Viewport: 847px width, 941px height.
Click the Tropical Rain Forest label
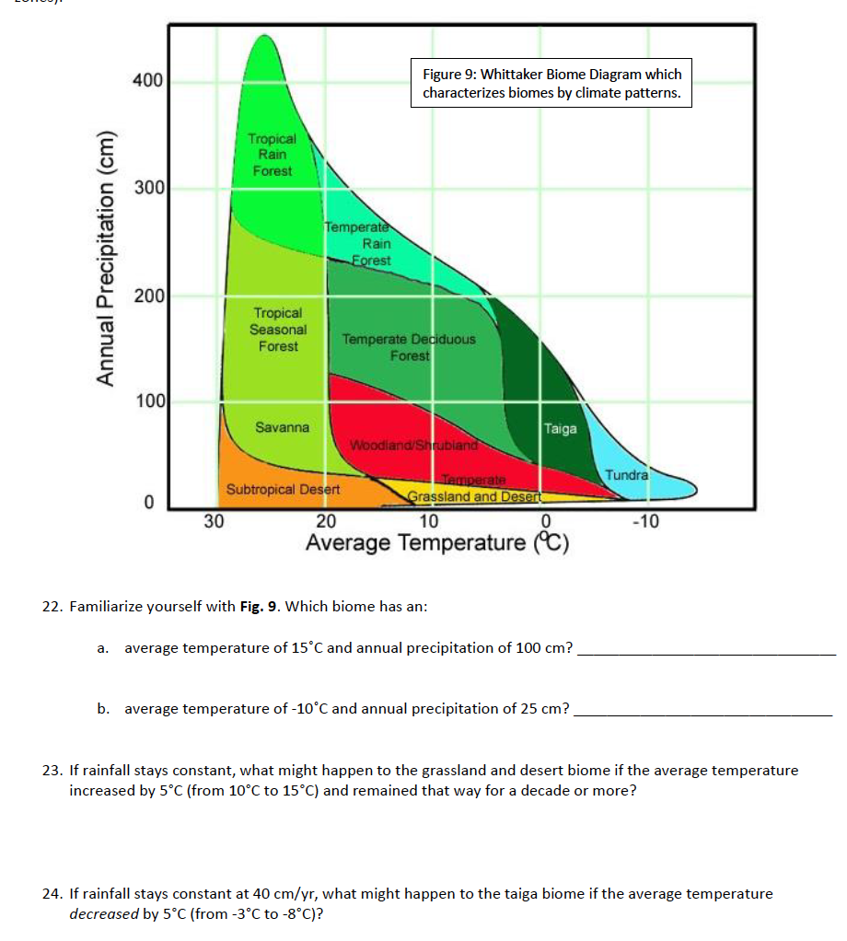(x=272, y=155)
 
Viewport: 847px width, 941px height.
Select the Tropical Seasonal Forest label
(x=278, y=330)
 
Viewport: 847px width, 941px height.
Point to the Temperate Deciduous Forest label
(x=409, y=347)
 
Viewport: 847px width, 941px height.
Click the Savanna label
(x=282, y=427)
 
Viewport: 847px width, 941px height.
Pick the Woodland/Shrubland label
(x=413, y=446)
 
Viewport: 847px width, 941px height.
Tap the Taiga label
(x=560, y=428)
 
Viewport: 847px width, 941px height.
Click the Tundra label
(x=626, y=475)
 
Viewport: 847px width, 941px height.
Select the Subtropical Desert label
(x=284, y=489)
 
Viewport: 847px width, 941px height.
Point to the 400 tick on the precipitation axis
(x=147, y=81)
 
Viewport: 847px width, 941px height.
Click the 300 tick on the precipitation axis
(x=147, y=189)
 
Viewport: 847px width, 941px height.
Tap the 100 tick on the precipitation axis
(x=150, y=401)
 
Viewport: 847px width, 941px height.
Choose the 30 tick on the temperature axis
(x=214, y=522)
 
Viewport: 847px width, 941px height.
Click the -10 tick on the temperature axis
(x=645, y=522)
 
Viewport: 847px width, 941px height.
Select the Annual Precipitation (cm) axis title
(x=109, y=258)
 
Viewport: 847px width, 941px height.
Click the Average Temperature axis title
(x=437, y=543)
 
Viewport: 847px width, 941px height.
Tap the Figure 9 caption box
(x=551, y=84)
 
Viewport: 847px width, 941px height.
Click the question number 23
(x=53, y=771)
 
